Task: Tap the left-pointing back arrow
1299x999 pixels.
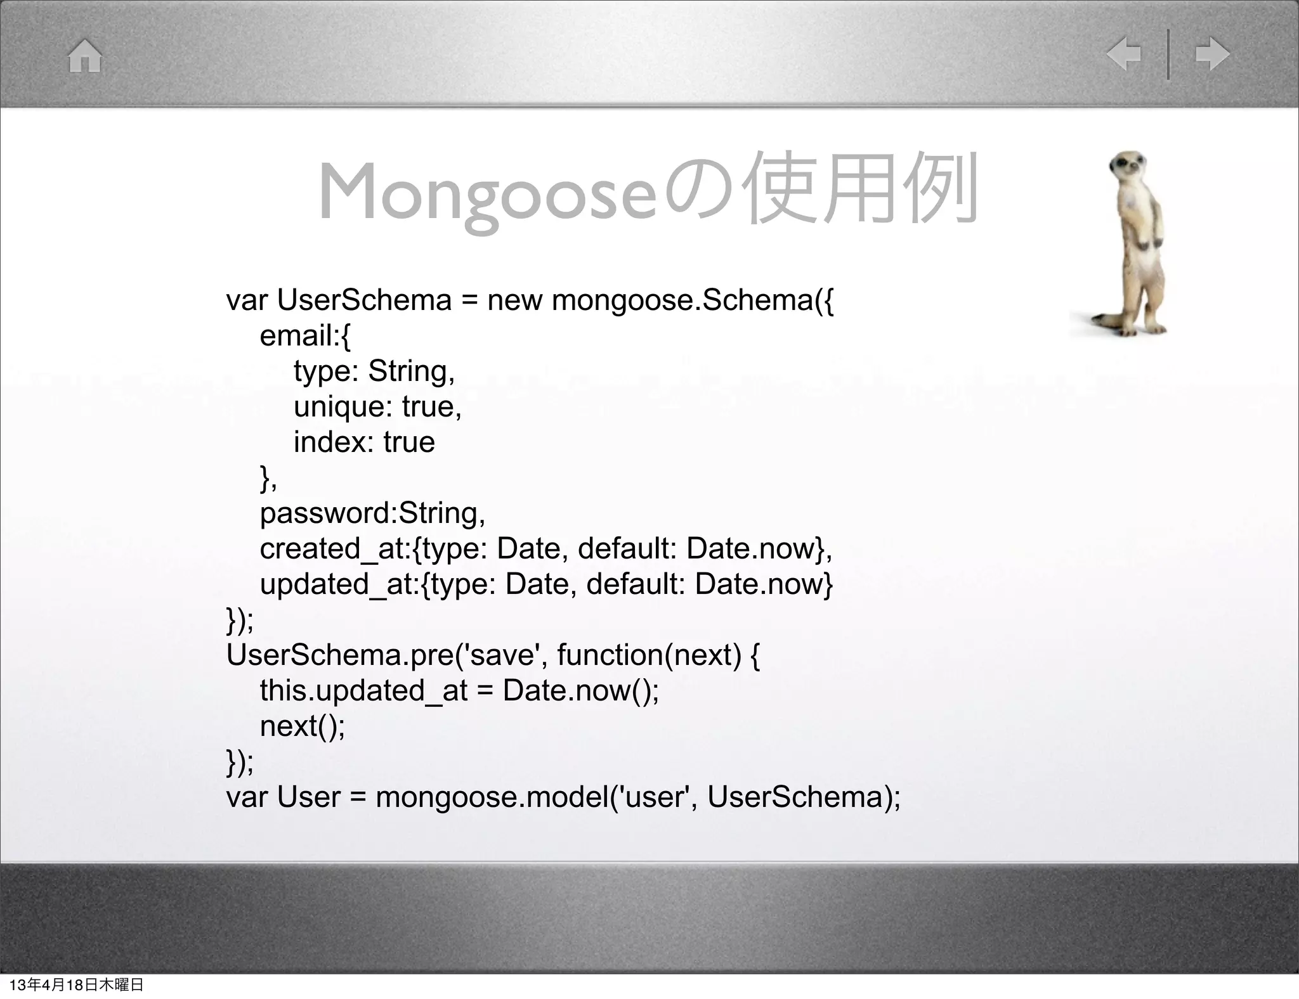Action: click(1124, 55)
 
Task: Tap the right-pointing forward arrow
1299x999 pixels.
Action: click(1212, 55)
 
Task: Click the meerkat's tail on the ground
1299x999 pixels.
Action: click(1100, 317)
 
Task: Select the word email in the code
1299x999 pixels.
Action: click(296, 335)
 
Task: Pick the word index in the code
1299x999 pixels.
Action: click(329, 442)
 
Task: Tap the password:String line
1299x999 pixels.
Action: click(372, 513)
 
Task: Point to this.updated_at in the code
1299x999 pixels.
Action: click(363, 690)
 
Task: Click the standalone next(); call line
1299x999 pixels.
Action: click(303, 726)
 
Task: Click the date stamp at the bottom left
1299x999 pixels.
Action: click(77, 984)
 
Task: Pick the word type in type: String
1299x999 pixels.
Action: click(323, 371)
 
